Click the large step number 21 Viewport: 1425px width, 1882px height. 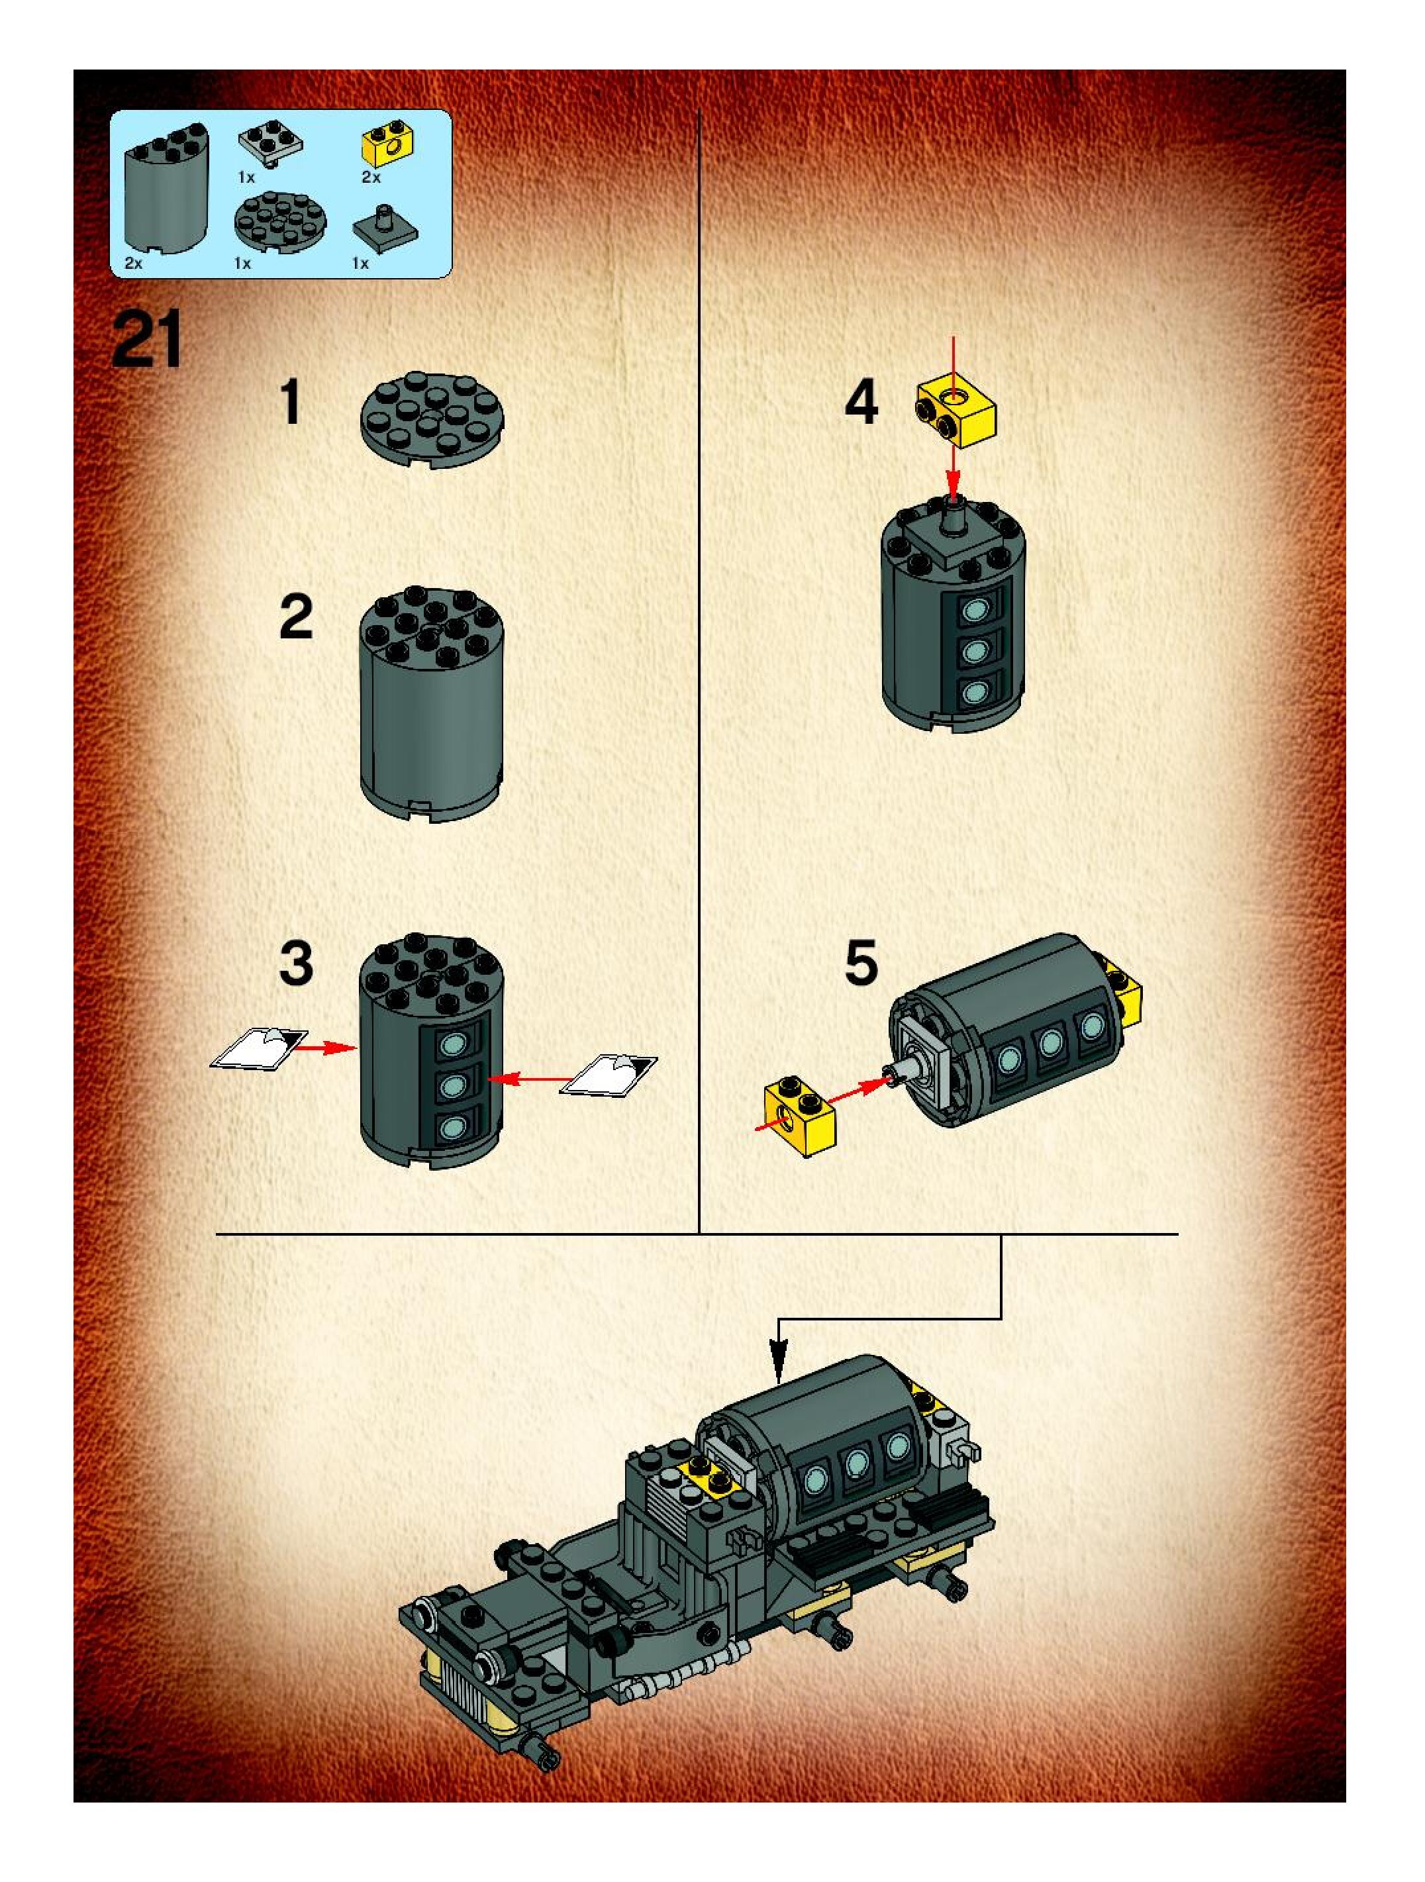click(x=147, y=340)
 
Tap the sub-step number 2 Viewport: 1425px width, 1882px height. click(x=296, y=618)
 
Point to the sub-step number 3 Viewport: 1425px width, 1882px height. click(x=296, y=964)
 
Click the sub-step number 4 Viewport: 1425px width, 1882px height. click(x=861, y=403)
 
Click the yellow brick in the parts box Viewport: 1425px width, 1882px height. click(x=387, y=147)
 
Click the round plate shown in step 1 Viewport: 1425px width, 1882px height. click(x=432, y=419)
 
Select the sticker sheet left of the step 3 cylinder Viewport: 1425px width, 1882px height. click(x=260, y=1048)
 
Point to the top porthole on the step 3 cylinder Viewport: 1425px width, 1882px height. click(x=451, y=1043)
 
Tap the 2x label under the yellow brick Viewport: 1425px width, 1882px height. click(x=371, y=177)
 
